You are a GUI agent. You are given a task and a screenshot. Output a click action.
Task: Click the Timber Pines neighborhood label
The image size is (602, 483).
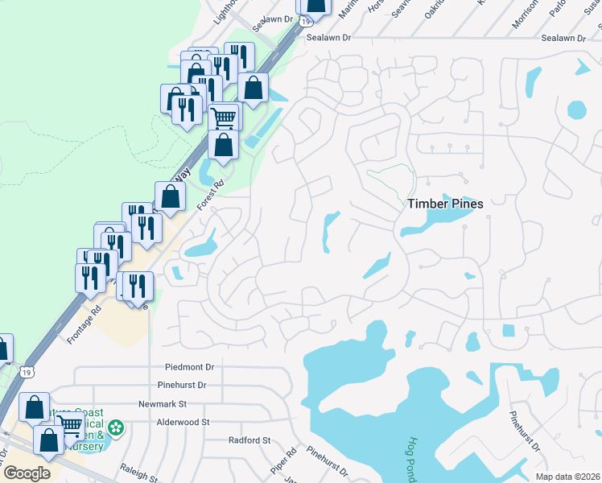point(444,204)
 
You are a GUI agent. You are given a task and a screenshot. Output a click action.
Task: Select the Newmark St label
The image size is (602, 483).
point(163,404)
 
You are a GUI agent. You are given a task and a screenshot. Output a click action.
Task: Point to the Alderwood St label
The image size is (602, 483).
point(183,422)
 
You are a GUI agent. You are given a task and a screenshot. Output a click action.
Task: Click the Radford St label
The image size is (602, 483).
point(249,440)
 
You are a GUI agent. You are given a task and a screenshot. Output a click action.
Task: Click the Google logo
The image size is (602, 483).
point(26,473)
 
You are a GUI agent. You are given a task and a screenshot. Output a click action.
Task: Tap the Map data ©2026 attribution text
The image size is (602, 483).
point(567,477)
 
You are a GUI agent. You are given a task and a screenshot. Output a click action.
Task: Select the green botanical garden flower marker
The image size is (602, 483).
point(117,427)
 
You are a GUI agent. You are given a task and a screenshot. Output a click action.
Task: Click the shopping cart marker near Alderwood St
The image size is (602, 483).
point(71,423)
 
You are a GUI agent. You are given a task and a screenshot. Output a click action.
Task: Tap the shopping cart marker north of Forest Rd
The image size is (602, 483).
point(225,118)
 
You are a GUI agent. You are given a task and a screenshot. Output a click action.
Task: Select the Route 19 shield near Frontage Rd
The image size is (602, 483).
point(28,373)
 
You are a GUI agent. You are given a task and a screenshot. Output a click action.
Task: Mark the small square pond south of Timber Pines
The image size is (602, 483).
point(508,330)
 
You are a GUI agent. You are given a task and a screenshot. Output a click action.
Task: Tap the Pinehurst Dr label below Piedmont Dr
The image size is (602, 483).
point(184,386)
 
